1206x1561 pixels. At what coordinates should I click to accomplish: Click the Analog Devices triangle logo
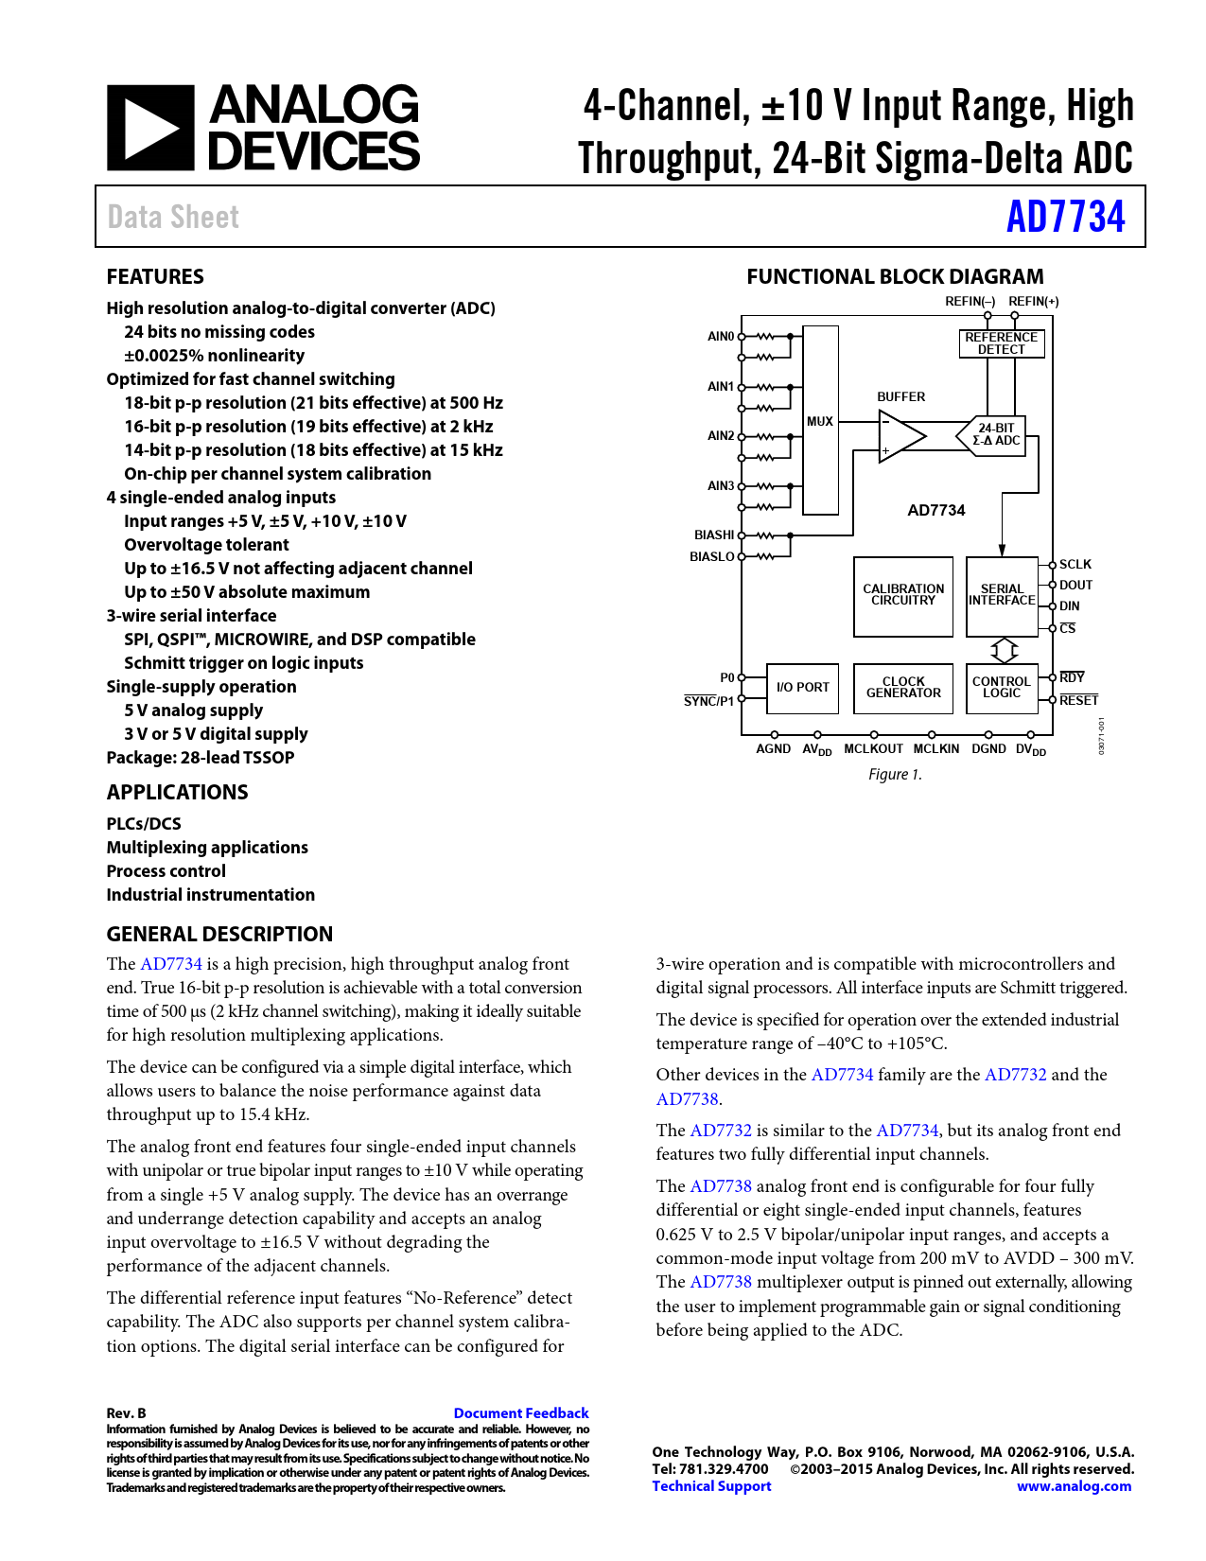[150, 128]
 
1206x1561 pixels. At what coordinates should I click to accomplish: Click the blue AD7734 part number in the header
[1065, 217]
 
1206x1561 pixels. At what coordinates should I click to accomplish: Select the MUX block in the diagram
[820, 421]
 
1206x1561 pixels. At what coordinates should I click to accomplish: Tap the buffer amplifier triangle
[901, 436]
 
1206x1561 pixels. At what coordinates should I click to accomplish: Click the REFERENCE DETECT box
[1001, 342]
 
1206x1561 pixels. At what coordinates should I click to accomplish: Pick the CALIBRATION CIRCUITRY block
[903, 595]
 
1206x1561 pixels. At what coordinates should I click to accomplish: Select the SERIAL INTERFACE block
[1002, 595]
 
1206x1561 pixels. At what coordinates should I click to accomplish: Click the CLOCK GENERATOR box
[903, 688]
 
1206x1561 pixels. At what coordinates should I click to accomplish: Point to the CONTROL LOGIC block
[1001, 688]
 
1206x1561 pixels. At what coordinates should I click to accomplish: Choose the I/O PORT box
[802, 688]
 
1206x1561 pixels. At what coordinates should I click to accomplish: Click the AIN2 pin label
[721, 436]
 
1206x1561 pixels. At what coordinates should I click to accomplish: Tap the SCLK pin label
[1075, 565]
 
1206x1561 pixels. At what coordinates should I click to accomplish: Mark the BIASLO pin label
[712, 557]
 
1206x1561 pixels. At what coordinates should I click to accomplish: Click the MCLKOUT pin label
[873, 749]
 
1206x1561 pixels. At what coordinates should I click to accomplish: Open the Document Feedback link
[521, 1413]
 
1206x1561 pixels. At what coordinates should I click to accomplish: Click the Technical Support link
[711, 1486]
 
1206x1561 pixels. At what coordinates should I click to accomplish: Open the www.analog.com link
[1074, 1486]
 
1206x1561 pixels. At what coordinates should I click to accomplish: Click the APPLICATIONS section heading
[177, 793]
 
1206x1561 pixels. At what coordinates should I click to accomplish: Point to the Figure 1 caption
[895, 775]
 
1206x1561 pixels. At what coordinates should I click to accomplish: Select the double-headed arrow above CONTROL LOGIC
[1004, 650]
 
